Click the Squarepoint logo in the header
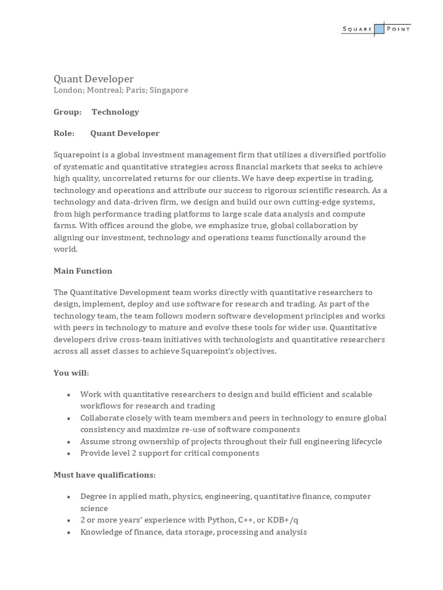[x=376, y=29]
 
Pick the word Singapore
[x=168, y=90]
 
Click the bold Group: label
[x=67, y=112]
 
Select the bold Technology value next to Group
[x=115, y=112]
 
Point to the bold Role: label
[x=64, y=133]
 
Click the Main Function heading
[x=83, y=271]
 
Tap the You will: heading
[x=72, y=373]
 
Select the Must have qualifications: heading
[x=104, y=475]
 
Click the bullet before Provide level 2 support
[x=69, y=453]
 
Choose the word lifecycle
[x=364, y=441]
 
